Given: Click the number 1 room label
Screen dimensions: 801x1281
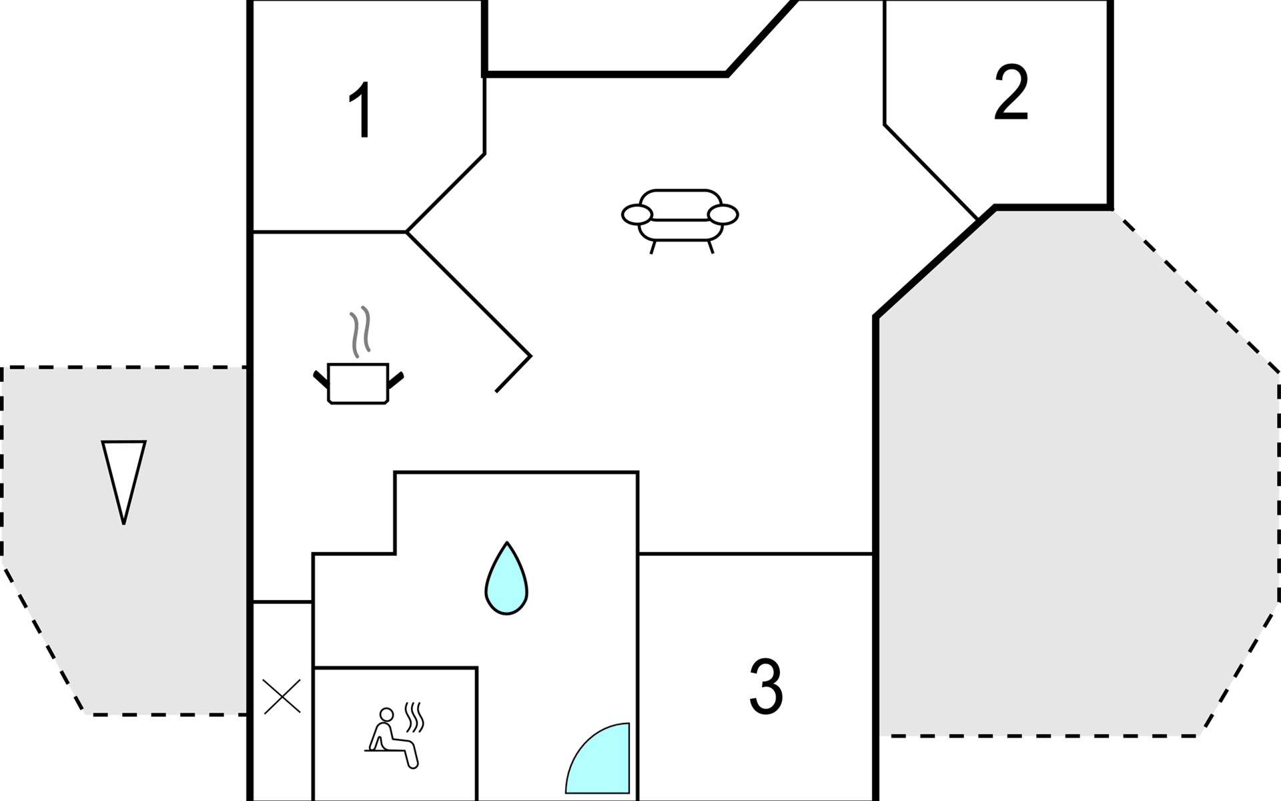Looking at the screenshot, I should pos(360,110).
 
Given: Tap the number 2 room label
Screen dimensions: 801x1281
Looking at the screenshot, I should pos(1010,93).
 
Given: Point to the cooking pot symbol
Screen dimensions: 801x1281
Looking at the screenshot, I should pos(358,384).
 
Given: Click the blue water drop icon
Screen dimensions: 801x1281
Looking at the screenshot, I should pos(506,579).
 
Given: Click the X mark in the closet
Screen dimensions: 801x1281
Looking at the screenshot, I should pos(282,696).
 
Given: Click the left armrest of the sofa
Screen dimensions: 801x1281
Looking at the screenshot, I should pos(636,215).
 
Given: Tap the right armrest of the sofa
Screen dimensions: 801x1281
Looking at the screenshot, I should pos(723,215).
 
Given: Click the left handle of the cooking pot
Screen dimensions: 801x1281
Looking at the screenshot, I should pos(321,379).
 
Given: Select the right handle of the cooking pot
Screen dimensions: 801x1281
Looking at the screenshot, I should pos(396,379).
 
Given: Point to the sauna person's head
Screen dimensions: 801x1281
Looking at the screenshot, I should pos(386,715).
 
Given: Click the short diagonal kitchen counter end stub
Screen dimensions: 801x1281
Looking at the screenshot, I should pos(513,374).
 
